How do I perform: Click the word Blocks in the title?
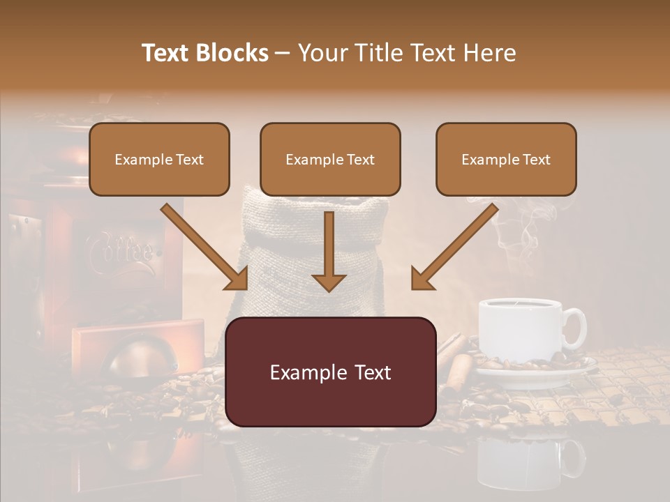point(232,53)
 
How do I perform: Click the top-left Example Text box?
point(159,159)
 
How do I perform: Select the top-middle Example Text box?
point(330,159)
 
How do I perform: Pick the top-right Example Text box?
point(506,159)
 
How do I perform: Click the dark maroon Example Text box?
point(331,372)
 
